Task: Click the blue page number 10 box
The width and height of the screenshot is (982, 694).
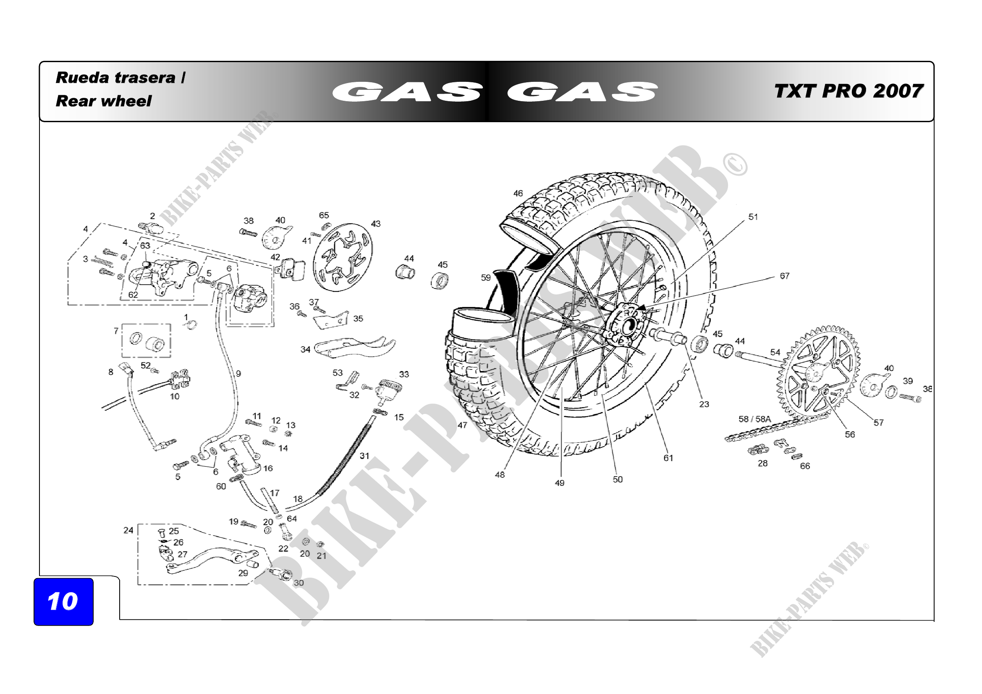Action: pos(63,601)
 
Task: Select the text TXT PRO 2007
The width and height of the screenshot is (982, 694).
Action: pos(848,91)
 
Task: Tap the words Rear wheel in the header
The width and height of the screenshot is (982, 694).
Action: pos(104,101)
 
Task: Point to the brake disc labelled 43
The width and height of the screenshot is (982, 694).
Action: pos(343,257)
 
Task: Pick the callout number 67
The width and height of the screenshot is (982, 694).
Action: pos(784,276)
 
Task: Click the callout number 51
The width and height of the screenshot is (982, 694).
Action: pos(753,217)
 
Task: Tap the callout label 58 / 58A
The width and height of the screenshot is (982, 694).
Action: pos(754,419)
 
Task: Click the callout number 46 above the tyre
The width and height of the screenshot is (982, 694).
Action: pos(518,193)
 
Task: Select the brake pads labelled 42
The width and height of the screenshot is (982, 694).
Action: pos(292,270)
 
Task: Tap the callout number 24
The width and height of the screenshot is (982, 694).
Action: pos(128,530)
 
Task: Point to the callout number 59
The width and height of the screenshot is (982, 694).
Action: pos(486,278)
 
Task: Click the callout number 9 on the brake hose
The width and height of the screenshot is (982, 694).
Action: pos(238,373)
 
